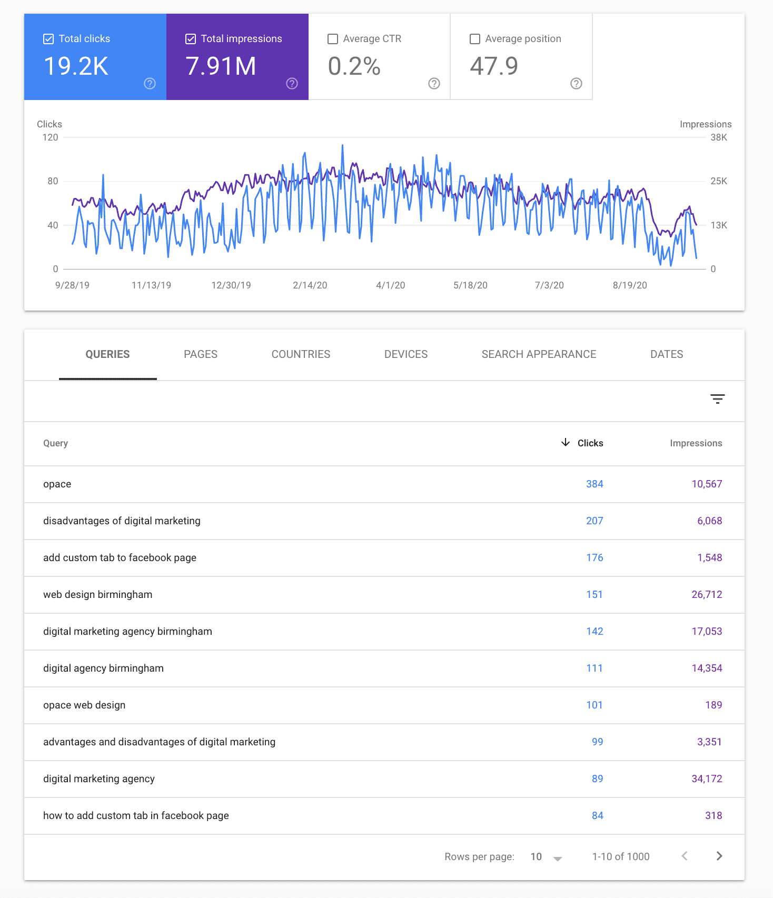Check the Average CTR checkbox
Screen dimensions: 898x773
[333, 39]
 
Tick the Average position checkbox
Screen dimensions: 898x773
[475, 39]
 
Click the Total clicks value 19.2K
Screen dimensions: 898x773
[76, 66]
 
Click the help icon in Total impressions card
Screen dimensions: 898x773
[292, 83]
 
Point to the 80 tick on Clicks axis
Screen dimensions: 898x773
[53, 181]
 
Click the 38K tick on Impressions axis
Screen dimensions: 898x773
[718, 137]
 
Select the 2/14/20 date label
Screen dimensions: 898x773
[310, 285]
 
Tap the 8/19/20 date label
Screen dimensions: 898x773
[630, 285]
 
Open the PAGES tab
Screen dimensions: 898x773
[201, 354]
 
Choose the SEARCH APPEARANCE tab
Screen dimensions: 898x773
[539, 354]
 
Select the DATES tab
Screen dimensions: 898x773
[667, 354]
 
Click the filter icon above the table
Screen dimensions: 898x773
[717, 399]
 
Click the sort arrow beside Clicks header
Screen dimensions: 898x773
[566, 442]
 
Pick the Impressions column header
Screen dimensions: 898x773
[696, 443]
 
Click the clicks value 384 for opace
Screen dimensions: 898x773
[594, 484]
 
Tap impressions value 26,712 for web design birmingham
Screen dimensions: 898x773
[707, 594]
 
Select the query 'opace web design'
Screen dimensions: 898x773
[84, 705]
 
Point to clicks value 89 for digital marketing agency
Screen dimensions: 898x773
[597, 779]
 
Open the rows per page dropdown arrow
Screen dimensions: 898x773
[558, 858]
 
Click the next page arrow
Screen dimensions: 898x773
[719, 856]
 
